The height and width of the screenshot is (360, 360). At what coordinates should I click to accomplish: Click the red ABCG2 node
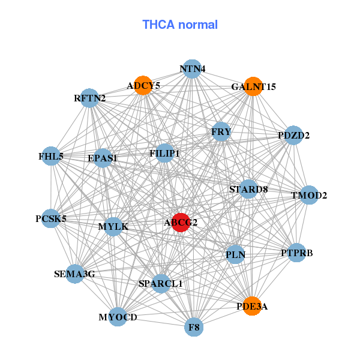[181, 222]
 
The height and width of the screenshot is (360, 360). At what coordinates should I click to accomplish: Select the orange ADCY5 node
[143, 86]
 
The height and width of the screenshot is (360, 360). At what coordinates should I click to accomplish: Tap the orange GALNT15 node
[253, 86]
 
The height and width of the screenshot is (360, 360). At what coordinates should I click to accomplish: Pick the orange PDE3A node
[253, 306]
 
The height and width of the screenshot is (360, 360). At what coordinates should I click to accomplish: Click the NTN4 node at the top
[192, 68]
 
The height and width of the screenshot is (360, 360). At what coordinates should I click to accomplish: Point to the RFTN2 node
[89, 98]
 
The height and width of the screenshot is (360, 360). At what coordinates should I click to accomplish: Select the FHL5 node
[51, 157]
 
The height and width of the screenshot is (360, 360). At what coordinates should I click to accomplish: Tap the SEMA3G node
[74, 274]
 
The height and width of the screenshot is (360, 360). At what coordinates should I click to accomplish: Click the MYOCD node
[118, 316]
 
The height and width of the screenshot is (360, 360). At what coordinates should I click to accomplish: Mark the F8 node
[194, 328]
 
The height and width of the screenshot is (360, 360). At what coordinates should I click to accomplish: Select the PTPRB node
[296, 253]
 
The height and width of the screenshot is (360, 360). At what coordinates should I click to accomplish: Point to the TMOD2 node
[308, 195]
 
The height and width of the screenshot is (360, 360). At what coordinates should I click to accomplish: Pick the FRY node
[221, 131]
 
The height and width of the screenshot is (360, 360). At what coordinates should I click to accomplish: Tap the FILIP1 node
[164, 154]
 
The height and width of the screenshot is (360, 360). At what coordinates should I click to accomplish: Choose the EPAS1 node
[103, 158]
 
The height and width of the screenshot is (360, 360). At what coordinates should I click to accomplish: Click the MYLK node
[113, 227]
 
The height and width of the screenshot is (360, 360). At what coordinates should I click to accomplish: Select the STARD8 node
[248, 190]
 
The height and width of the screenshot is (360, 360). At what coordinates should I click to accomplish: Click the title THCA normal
[180, 25]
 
